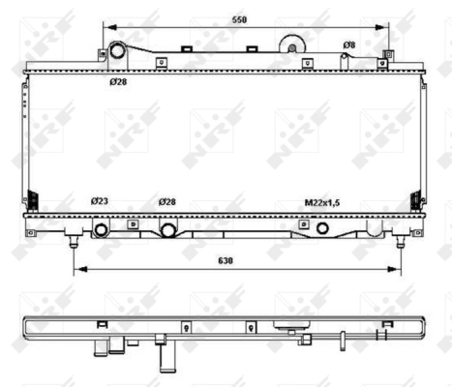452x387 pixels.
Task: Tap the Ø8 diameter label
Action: click(349, 45)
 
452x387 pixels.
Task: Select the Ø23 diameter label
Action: click(100, 201)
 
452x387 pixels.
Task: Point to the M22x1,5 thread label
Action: click(323, 202)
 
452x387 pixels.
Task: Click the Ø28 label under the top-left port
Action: click(118, 81)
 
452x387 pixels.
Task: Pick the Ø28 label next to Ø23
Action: click(168, 201)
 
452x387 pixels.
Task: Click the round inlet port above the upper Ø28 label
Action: click(116, 52)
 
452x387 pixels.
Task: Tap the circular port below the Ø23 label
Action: click(100, 230)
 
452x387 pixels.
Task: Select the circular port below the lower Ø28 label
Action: click(168, 230)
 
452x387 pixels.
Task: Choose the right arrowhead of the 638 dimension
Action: click(399, 268)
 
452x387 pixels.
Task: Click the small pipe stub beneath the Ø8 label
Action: click(346, 59)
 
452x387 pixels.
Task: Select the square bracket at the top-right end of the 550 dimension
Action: click(387, 54)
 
